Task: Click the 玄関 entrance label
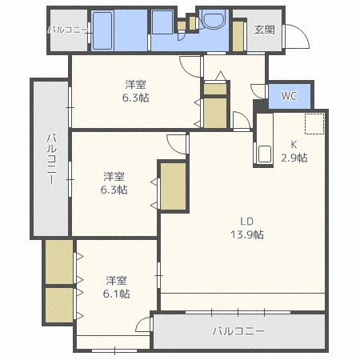264,30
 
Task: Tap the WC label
289,96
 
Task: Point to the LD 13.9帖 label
247,228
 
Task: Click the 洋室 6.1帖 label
117,286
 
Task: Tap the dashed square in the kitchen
314,125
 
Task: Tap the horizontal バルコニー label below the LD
238,330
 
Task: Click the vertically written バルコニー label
49,159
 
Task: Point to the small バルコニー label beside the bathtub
68,30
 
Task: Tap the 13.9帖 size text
247,234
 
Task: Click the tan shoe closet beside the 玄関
238,34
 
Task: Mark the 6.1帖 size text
117,294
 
